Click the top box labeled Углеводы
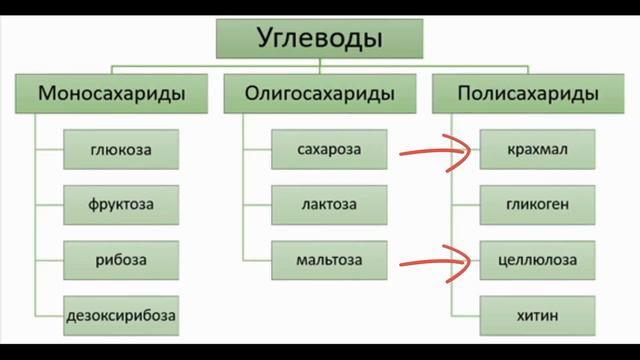point(319,41)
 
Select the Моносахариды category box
point(115,96)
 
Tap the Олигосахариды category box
point(319,96)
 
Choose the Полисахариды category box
point(528,96)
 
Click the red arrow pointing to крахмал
point(436,153)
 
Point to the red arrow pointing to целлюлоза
point(436,263)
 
